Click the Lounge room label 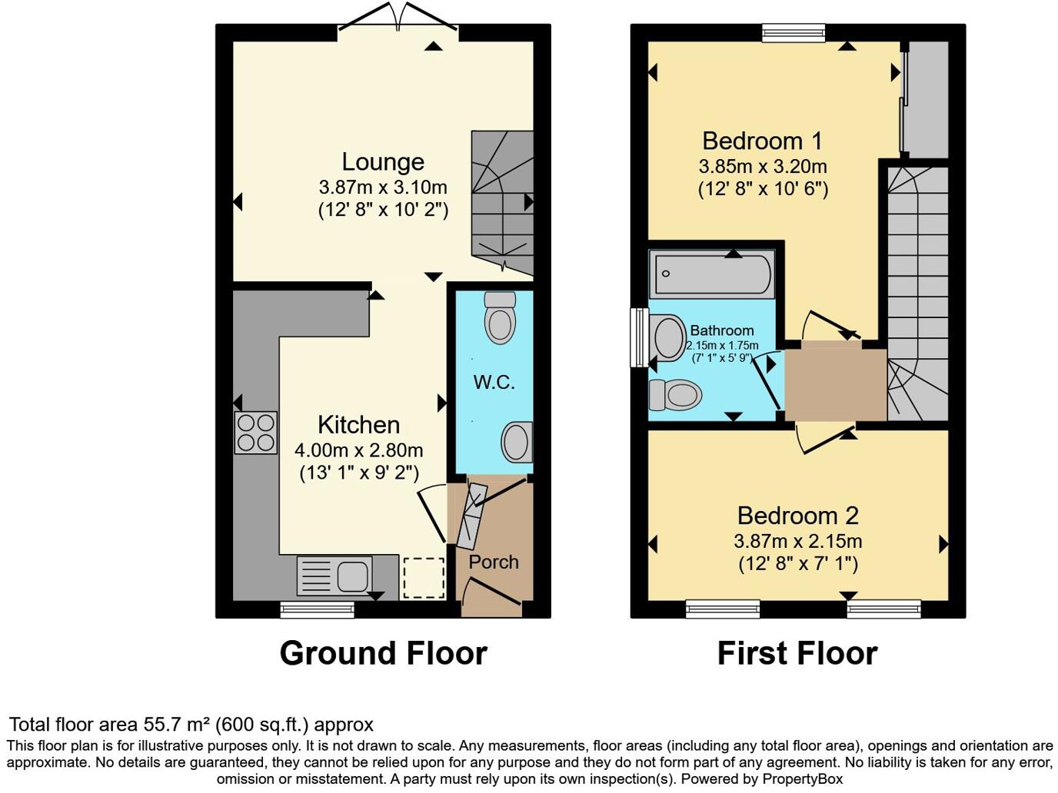coord(383,161)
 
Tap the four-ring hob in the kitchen coord(256,433)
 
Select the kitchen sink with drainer coord(334,576)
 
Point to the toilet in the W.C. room coord(500,318)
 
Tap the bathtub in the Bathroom coord(711,274)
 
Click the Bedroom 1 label coord(762,141)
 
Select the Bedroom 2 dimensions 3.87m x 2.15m coord(797,541)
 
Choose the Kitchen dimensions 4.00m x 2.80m coord(359,450)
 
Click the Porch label coord(494,562)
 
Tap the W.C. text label coord(494,382)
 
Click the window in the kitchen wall coord(318,610)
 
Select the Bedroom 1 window coord(793,32)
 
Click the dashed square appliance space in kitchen coord(424,577)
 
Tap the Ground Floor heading coord(383,653)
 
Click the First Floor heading coord(797,653)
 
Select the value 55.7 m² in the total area coord(176,725)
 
